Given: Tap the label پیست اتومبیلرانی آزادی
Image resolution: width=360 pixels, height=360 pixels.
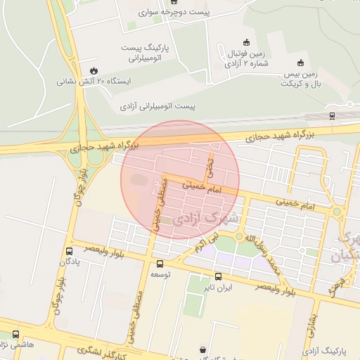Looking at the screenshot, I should pyautogui.click(x=157, y=106).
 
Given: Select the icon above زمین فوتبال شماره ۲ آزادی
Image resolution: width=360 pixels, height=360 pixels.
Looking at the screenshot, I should pyautogui.click(x=245, y=42).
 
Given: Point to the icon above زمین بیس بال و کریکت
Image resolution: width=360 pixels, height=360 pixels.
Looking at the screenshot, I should pyautogui.click(x=301, y=62).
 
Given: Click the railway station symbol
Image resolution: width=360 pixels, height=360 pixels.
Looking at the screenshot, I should pyautogui.click(x=331, y=115).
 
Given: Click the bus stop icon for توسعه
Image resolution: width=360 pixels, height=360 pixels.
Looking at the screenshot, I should pyautogui.click(x=160, y=264).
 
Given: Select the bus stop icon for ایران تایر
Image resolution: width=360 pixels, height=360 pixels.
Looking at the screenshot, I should pyautogui.click(x=218, y=276).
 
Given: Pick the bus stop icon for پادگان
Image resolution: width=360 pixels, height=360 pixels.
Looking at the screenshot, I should pyautogui.click(x=69, y=251).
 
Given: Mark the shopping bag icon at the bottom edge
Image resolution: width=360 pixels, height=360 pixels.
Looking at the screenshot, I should pyautogui.click(x=203, y=349).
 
